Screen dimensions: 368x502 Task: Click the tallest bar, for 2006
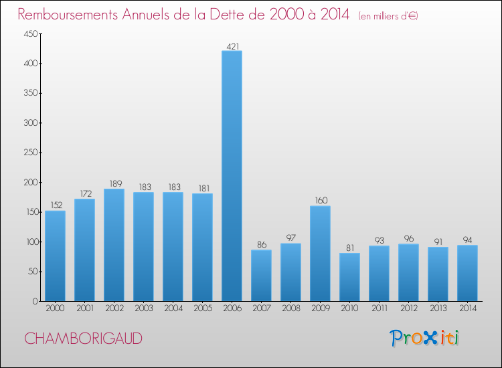[232, 176]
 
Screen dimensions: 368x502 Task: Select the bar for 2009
[320, 254]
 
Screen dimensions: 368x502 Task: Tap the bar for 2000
[55, 256]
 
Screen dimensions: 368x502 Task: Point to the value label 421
[232, 46]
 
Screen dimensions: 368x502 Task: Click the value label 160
[320, 201]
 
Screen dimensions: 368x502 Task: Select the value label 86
[261, 245]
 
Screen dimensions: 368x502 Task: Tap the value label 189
[114, 184]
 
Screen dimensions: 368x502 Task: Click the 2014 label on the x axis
[467, 308]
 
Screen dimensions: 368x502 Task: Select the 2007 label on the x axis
[261, 308]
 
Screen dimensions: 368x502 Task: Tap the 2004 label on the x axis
[173, 308]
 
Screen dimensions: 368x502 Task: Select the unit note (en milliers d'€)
[388, 15]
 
